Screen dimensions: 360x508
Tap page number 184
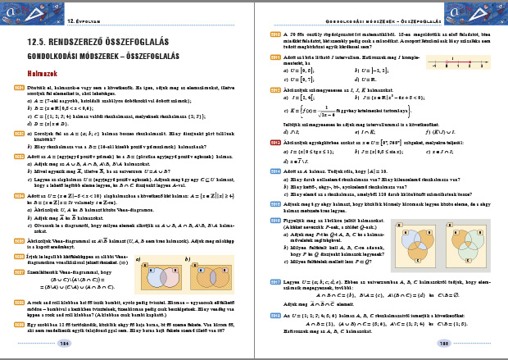66,344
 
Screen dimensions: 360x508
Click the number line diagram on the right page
458,61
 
